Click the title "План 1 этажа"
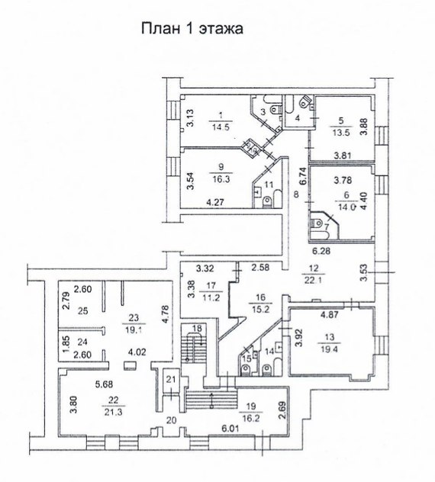coord(192,28)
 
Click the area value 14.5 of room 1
coord(221,127)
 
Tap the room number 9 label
coord(221,167)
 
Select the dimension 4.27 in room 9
coord(215,202)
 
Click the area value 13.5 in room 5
coord(341,133)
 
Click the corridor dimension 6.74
coord(303,176)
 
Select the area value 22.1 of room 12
coord(313,281)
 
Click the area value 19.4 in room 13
coord(329,349)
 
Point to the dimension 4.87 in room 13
coord(330,314)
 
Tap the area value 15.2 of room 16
coord(260,309)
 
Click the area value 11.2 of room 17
coord(211,297)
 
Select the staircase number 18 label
coord(197,328)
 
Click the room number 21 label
coord(171,379)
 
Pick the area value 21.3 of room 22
coord(113,412)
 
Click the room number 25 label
coord(83,311)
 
